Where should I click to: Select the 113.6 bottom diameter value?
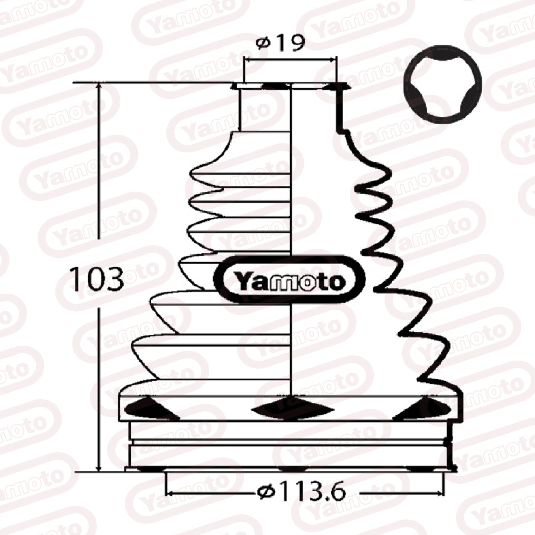point(313,492)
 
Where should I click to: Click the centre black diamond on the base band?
point(292,409)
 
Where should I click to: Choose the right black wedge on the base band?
point(424,409)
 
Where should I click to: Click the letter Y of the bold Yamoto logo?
point(243,282)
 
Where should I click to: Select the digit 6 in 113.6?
point(337,492)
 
